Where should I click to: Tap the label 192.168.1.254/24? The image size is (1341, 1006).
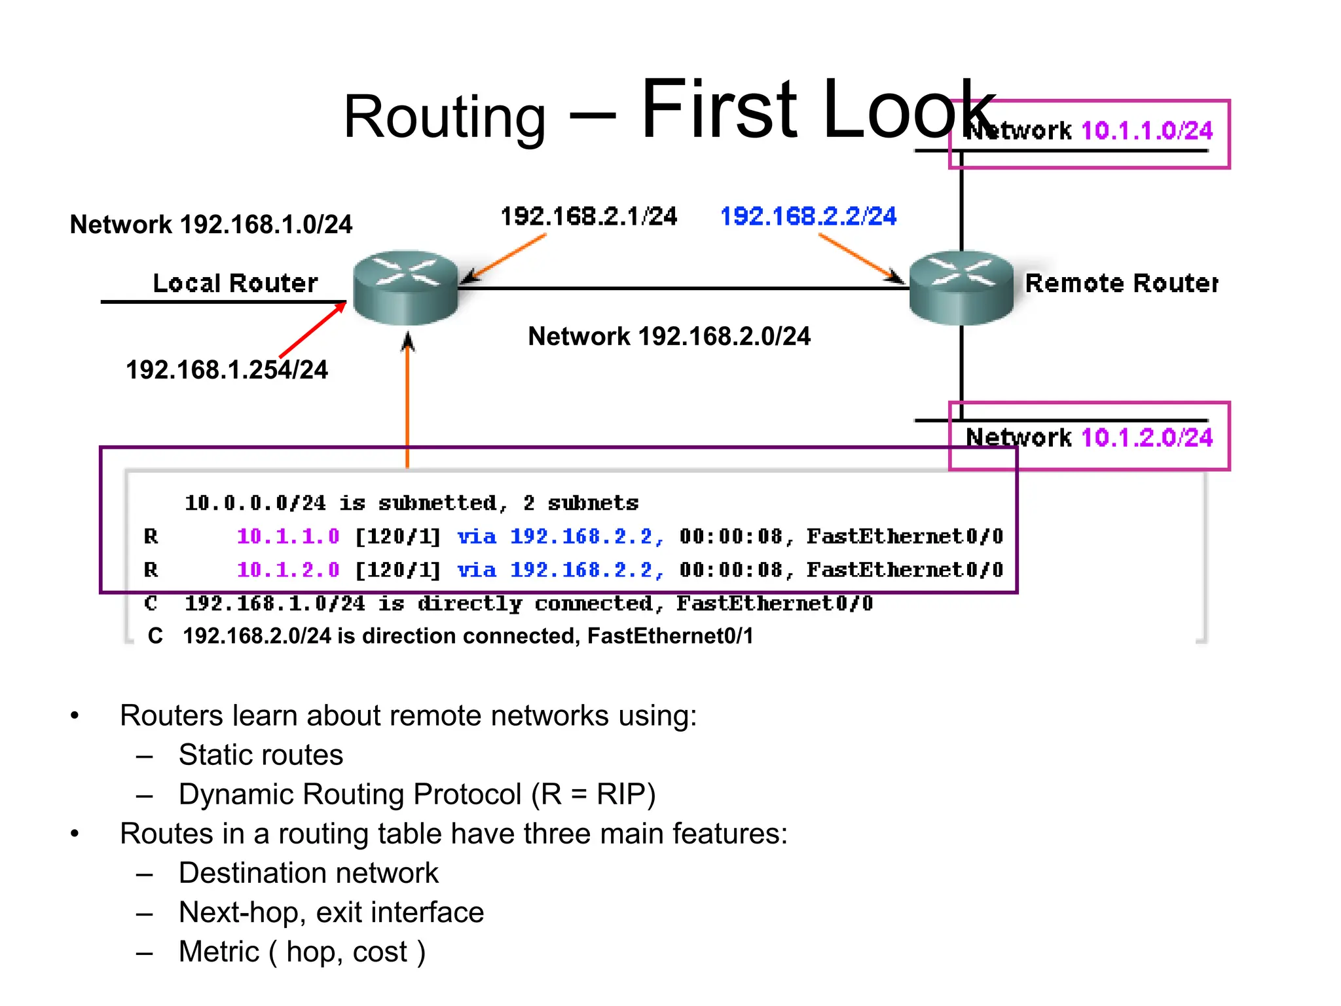(227, 370)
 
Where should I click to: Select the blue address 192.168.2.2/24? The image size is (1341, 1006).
(808, 217)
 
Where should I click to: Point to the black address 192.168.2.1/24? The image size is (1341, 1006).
(588, 217)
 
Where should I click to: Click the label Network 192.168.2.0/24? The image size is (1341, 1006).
(669, 337)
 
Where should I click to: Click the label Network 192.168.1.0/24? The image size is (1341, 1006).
(211, 225)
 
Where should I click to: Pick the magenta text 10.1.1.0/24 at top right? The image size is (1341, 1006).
(1147, 131)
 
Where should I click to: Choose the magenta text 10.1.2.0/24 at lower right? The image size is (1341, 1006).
(1147, 438)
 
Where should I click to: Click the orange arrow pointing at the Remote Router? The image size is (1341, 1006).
(860, 257)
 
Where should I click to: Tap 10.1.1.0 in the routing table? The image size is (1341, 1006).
(288, 536)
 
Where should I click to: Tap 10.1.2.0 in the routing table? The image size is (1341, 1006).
(288, 570)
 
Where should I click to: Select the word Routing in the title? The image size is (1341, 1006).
(444, 117)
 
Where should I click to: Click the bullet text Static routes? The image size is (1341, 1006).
(261, 755)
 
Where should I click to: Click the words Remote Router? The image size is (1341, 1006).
(1121, 284)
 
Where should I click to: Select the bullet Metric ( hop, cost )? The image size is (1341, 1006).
(302, 952)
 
